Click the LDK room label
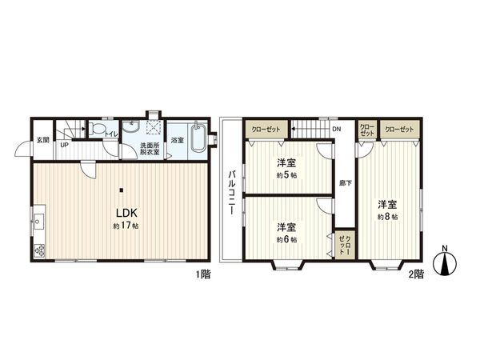coord(126,213)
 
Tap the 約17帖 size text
coord(126,227)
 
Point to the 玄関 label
coord(42,141)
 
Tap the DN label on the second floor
coord(337,129)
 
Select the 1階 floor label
coord(202,274)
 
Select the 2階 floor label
coord(416,274)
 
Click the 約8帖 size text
coord(388,217)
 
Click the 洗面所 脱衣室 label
coord(150,149)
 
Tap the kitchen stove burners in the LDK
coord(38,250)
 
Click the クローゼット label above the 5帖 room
coord(266,129)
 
